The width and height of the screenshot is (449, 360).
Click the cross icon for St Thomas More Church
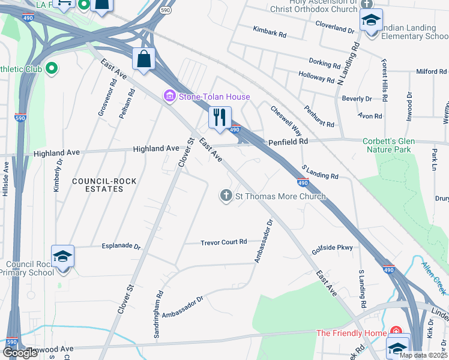point(226,196)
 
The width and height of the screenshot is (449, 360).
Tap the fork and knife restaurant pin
point(220,116)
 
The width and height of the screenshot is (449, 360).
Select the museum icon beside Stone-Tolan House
point(169,96)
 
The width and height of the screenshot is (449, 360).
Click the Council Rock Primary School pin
point(62,257)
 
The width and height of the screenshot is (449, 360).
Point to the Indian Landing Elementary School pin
point(371,22)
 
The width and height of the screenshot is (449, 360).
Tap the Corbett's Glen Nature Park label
point(388,145)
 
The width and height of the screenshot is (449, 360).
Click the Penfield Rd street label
point(288,142)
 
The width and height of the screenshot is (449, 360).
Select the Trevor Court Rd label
point(223,242)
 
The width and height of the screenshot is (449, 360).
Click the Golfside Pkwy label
point(332,248)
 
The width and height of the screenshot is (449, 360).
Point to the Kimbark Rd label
point(270,31)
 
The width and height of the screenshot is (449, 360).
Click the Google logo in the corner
point(20,353)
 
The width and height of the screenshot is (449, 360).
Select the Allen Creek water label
point(434,271)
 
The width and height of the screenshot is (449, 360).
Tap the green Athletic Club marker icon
point(52,69)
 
